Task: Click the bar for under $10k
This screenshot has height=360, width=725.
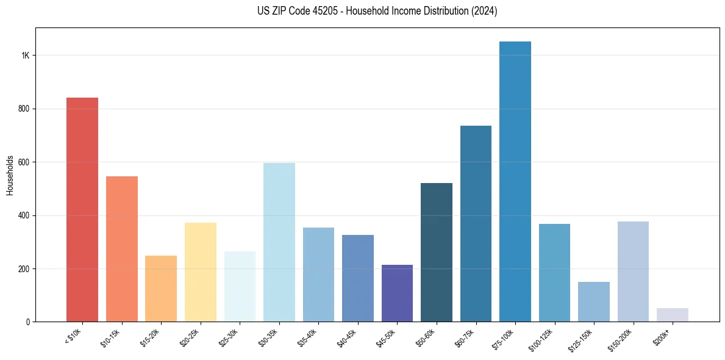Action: coord(82,209)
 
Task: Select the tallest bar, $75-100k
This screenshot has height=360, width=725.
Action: coord(515,181)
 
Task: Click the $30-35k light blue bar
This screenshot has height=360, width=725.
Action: coord(279,242)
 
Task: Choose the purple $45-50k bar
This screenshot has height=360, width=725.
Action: coord(397,293)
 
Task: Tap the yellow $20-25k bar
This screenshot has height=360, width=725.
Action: coord(201,272)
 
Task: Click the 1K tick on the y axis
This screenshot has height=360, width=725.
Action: coord(25,56)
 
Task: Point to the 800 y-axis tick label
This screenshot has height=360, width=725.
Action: coord(24,109)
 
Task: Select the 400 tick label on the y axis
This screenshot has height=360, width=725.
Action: coord(24,215)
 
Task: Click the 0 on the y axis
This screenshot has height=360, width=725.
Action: coord(28,322)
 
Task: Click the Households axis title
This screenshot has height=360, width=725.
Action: coord(10,179)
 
